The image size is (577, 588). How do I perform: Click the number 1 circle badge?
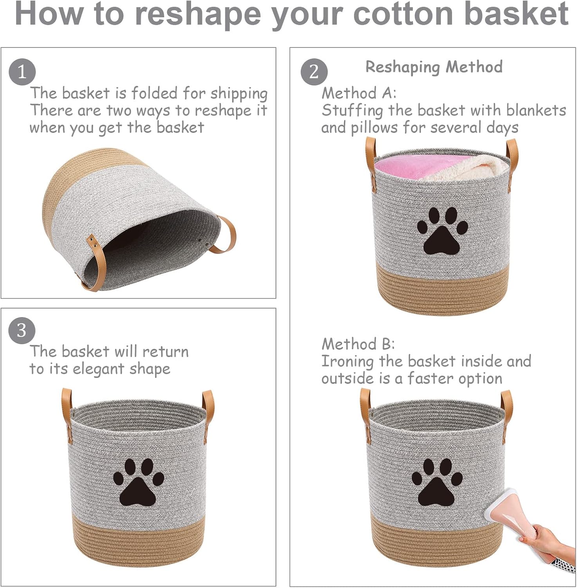(22, 72)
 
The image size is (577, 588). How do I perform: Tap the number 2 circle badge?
(314, 72)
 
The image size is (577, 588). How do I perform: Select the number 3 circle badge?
(22, 330)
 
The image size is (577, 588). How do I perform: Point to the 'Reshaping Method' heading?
(434, 67)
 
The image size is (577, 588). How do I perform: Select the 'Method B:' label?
(358, 344)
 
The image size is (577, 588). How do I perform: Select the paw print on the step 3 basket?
(139, 482)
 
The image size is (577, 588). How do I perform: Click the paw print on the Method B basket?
(437, 482)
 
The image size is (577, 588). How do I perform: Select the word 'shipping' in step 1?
(239, 94)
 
